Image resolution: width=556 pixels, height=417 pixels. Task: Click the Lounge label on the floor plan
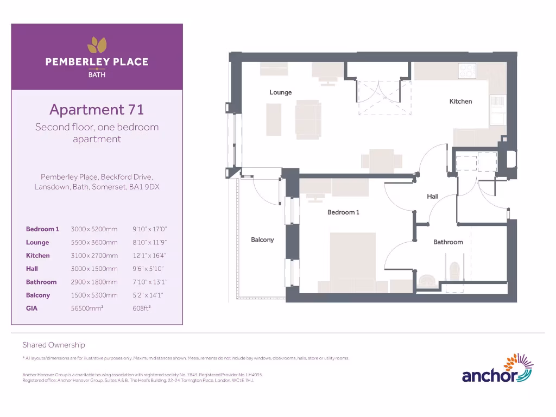point(280,92)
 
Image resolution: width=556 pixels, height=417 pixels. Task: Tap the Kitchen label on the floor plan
point(460,102)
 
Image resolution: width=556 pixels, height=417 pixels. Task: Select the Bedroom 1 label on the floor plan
point(343,212)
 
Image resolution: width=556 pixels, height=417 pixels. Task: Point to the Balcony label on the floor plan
point(262,239)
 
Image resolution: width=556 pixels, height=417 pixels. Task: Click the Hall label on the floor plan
point(432,197)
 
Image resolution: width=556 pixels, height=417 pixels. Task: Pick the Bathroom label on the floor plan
point(448,242)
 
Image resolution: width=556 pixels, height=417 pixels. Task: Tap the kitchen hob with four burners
point(466,69)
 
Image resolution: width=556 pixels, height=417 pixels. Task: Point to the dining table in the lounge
point(382,161)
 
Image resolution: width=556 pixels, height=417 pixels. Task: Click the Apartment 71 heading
point(97,110)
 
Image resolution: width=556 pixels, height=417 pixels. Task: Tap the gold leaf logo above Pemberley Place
point(97,45)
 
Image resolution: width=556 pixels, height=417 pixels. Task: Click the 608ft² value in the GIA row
point(141,308)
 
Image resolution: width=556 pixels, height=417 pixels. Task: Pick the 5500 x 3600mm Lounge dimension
point(94,243)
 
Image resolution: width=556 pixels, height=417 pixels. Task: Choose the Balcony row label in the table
point(38,295)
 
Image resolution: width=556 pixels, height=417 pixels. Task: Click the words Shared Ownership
point(54,345)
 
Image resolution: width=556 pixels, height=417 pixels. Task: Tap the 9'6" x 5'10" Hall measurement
point(148,269)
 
